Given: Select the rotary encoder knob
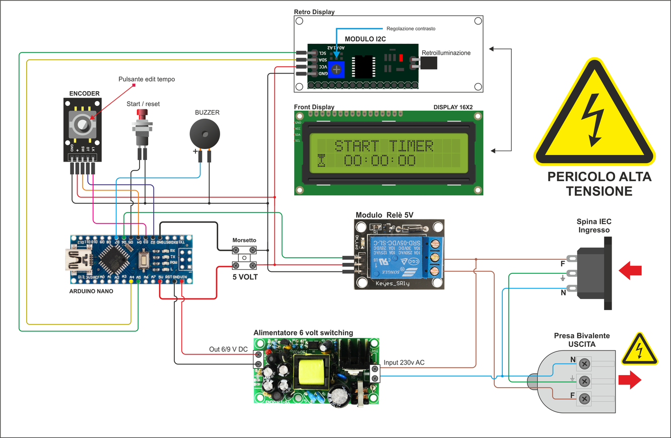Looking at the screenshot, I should pyautogui.click(x=82, y=124).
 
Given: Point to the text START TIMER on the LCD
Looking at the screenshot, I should pyautogui.click(x=384, y=147).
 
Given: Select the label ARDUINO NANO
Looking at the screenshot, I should pyautogui.click(x=91, y=291).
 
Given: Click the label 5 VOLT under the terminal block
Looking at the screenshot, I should pyautogui.click(x=244, y=277).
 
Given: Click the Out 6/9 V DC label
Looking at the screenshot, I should pyautogui.click(x=228, y=349).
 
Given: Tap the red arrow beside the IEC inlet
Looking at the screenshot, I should pyautogui.click(x=630, y=271).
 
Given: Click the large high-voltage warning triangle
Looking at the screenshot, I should pyautogui.click(x=594, y=118).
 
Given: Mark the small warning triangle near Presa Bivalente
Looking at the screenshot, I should pyautogui.click(x=639, y=349).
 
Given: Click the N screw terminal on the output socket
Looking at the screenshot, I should pyautogui.click(x=584, y=362).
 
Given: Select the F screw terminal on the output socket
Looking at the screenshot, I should pyautogui.click(x=584, y=399).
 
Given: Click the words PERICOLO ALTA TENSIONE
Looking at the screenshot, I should pyautogui.click(x=599, y=184).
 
